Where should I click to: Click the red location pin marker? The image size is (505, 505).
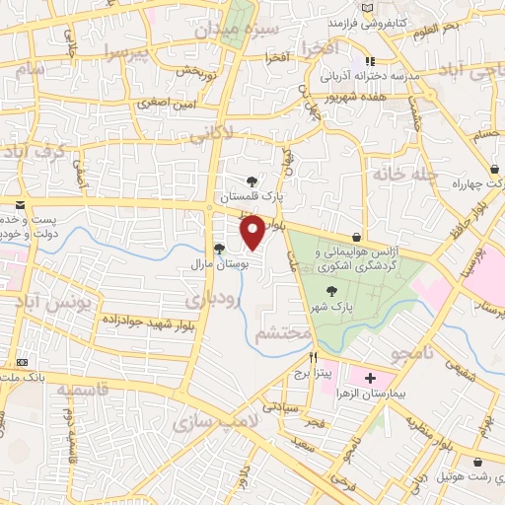tap(253, 231)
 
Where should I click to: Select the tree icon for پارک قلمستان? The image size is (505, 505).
tap(253, 180)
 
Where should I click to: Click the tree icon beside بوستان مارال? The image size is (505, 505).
tap(219, 249)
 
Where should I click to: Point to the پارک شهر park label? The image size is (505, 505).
tap(330, 309)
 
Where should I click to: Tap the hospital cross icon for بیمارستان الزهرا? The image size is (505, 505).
tap(371, 378)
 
